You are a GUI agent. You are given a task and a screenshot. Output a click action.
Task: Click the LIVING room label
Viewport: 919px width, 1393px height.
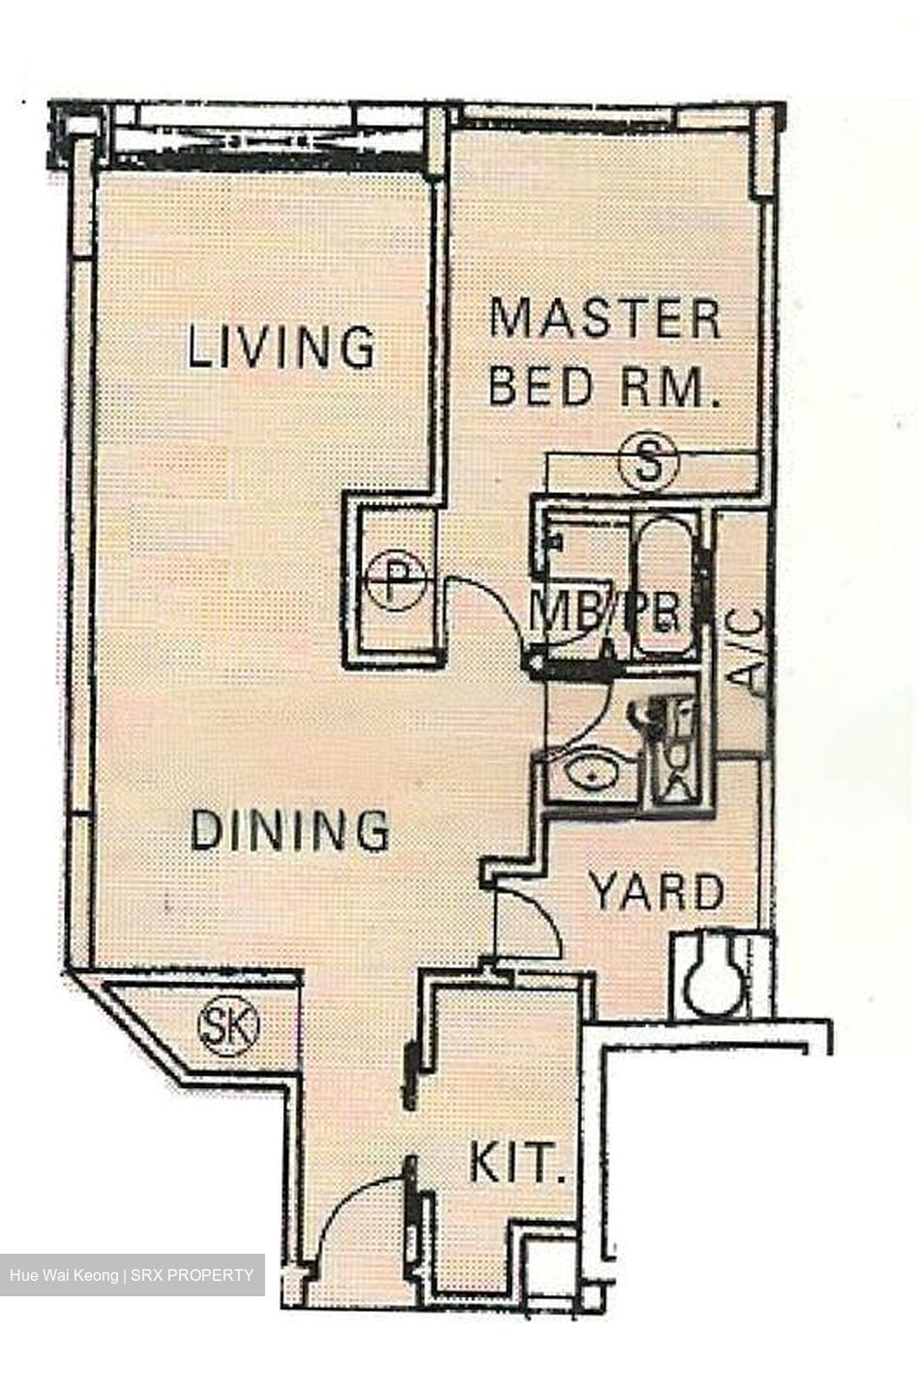[x=282, y=347]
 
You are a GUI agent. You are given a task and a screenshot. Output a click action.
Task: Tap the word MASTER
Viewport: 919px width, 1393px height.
[x=606, y=319]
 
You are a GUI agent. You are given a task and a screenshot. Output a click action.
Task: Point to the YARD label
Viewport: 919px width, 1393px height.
[x=658, y=892]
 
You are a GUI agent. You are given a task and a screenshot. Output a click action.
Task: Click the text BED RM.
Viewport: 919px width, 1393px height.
[x=606, y=387]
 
